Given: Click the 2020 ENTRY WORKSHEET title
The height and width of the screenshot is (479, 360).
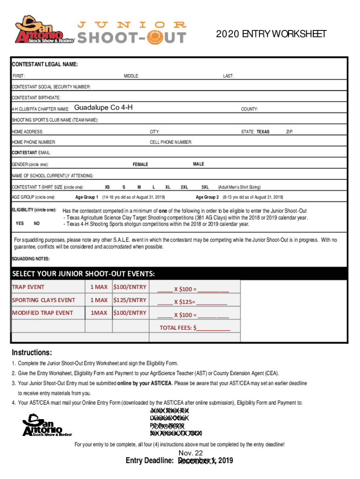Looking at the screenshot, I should pyautogui.click(x=271, y=34).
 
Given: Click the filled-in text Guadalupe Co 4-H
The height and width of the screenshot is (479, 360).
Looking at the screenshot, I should pyautogui.click(x=103, y=108).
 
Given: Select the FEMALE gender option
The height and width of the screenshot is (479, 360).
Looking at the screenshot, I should pyautogui.click(x=140, y=164).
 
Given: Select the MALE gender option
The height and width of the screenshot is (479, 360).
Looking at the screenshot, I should pyautogui.click(x=198, y=164).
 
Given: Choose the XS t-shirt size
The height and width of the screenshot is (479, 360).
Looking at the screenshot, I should pyautogui.click(x=107, y=187).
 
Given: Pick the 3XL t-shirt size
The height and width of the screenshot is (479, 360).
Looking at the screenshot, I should pyautogui.click(x=205, y=187).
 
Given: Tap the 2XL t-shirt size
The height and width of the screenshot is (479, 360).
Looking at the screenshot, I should pyautogui.click(x=184, y=187).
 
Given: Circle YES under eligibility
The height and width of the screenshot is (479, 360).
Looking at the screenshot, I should pyautogui.click(x=20, y=223).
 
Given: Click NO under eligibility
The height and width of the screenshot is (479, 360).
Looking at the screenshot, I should pyautogui.click(x=37, y=223).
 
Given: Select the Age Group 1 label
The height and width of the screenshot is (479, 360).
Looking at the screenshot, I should pyautogui.click(x=87, y=197).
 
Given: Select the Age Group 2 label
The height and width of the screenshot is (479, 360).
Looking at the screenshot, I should pyautogui.click(x=208, y=197).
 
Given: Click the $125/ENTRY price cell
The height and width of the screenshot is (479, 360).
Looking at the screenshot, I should pyautogui.click(x=130, y=300).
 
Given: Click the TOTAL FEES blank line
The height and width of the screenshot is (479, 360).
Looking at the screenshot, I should pyautogui.click(x=214, y=328).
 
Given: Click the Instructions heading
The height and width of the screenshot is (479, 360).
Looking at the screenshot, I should pyautogui.click(x=32, y=352).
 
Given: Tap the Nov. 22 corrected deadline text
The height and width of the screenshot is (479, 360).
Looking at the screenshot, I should pyautogui.click(x=190, y=453).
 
